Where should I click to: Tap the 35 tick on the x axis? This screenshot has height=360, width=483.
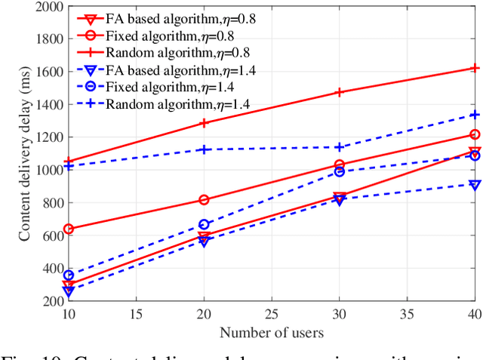[407, 314]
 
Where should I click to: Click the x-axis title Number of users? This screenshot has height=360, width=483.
[272, 332]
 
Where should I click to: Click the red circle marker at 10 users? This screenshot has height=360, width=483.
[69, 229]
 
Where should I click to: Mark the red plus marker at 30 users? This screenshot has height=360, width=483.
[340, 92]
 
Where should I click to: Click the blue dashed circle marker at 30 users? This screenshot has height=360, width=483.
[340, 172]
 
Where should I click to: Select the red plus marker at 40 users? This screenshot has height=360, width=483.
[475, 68]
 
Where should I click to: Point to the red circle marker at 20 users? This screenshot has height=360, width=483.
[204, 200]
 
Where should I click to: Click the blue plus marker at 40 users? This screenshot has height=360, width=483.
[475, 115]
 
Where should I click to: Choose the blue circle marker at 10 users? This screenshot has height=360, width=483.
[69, 275]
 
